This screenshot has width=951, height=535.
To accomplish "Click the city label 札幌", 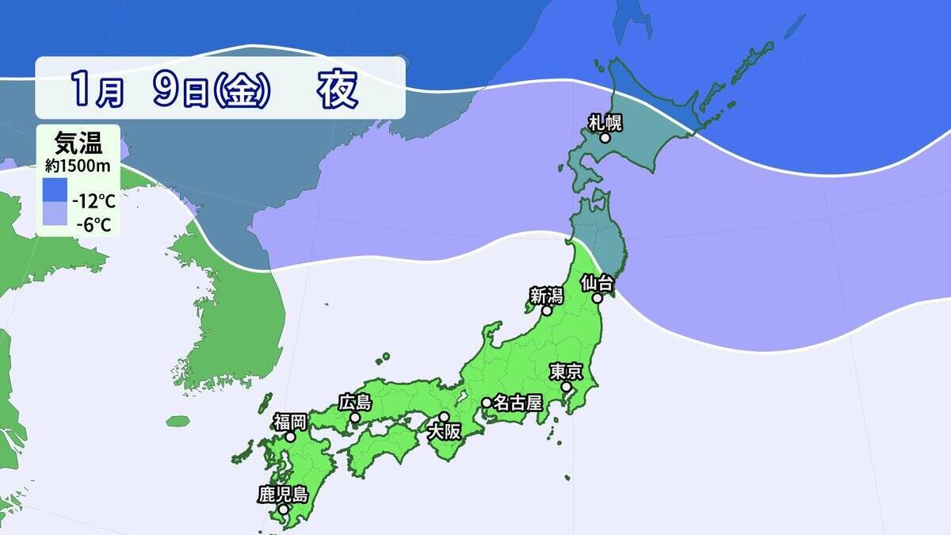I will point(605,122).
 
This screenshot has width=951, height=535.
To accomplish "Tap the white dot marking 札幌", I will point(605,138).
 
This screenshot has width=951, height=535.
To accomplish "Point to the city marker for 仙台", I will point(598,299).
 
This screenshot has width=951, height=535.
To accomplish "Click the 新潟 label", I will point(546,296).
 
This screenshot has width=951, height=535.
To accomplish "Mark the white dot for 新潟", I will point(546,311).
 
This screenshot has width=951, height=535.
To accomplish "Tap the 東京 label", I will point(567,371).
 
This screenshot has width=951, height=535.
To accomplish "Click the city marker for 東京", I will point(567,387).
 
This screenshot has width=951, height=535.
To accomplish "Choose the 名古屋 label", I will point(517,403).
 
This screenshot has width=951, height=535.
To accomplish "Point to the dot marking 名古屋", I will point(487,403).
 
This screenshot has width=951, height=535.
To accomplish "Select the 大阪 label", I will point(442,433).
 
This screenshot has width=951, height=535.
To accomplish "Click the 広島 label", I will point(354,402).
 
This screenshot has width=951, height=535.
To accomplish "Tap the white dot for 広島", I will point(355,418).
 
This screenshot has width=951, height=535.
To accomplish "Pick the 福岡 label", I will point(290,420).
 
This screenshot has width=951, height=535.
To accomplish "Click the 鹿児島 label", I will point(282,494).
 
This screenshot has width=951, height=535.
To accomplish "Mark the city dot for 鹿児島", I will point(283,509).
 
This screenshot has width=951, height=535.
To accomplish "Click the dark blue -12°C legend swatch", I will point(55,191).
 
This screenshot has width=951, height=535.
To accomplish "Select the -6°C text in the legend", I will point(93,225).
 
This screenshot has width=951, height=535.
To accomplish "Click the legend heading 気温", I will point(77,146).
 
